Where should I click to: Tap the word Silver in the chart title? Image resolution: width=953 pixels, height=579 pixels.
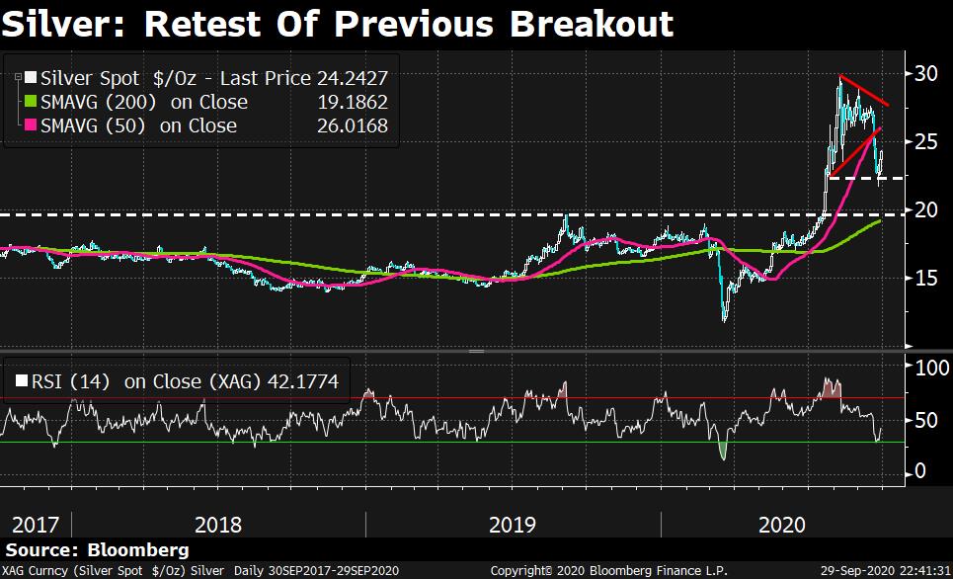point(62,23)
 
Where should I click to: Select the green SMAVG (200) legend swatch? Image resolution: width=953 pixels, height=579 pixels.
point(30,102)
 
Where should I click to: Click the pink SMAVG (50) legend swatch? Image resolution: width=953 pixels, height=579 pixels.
point(30,125)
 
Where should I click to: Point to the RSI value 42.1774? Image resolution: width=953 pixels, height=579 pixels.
point(299,379)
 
